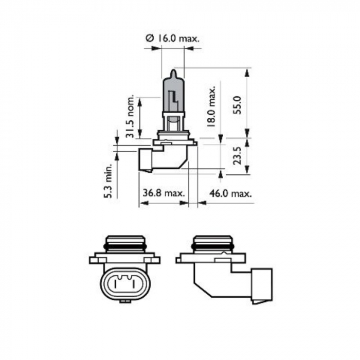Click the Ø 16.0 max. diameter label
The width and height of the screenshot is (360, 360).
[x=172, y=39]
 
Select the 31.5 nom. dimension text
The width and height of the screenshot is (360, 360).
[x=130, y=117]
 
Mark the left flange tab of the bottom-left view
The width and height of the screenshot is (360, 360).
[x=95, y=259]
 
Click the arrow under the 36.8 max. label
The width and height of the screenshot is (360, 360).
[x=164, y=203]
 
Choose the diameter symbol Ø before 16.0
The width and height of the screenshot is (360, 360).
[x=149, y=39]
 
